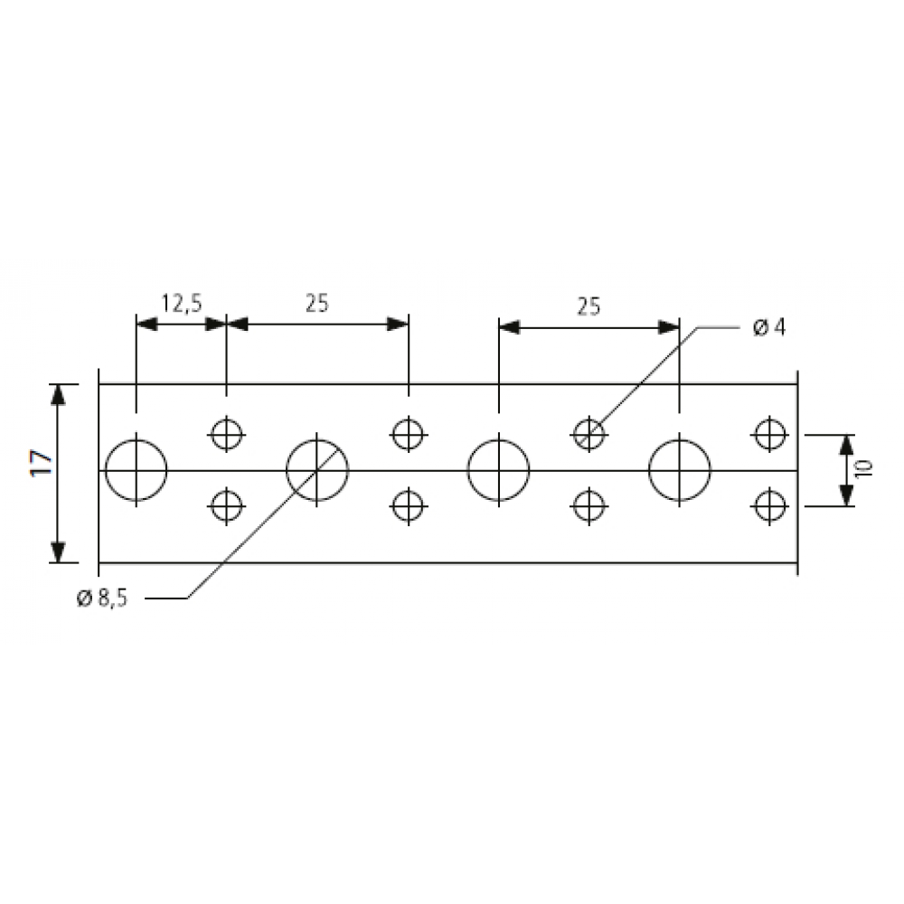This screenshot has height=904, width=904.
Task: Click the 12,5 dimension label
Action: (182, 303)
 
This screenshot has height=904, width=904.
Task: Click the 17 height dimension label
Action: (42, 462)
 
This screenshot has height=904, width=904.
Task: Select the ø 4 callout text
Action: (769, 327)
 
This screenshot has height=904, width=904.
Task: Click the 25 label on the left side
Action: (317, 303)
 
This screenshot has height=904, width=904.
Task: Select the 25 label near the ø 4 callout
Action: (589, 306)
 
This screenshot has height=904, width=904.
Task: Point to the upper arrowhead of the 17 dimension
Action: (58, 394)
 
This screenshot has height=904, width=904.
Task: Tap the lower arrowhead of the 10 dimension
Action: (846, 495)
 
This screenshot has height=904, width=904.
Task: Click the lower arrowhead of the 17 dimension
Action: (58, 551)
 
